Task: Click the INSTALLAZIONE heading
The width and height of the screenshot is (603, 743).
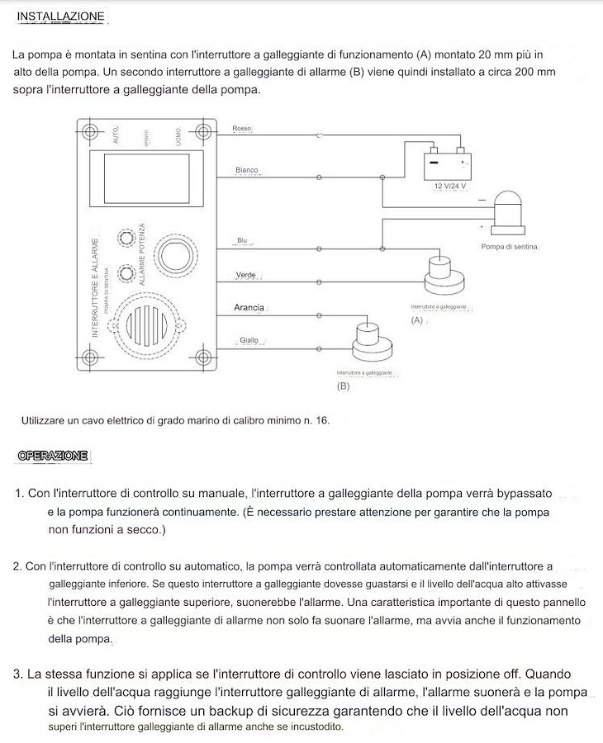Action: click(x=61, y=17)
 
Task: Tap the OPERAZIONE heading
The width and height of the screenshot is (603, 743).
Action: click(x=53, y=456)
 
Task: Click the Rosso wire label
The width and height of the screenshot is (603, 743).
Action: click(x=242, y=129)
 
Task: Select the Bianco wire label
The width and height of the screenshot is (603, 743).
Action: click(x=246, y=170)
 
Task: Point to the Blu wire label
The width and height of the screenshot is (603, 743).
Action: click(x=242, y=241)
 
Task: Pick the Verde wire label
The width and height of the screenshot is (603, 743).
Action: click(x=245, y=275)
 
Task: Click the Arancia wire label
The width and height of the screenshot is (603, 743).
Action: click(x=249, y=308)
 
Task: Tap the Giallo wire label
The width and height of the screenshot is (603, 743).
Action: click(x=249, y=340)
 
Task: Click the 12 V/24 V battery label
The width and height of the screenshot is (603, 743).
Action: click(x=450, y=186)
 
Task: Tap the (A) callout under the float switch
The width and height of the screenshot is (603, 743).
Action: click(x=416, y=320)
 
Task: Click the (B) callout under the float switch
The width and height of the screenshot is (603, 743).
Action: click(x=343, y=386)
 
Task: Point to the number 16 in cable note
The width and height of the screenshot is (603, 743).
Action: click(x=320, y=421)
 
